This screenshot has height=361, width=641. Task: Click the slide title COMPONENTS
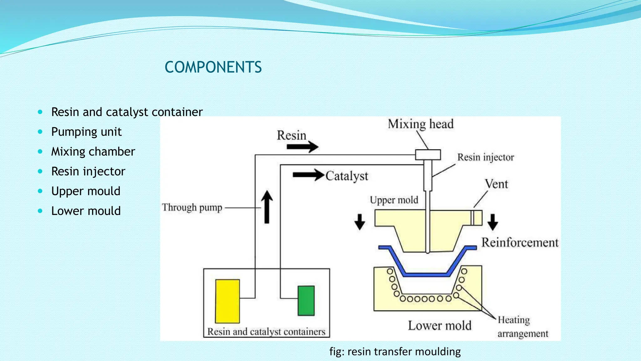[x=213, y=67]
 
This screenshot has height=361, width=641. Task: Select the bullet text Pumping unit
[x=86, y=132]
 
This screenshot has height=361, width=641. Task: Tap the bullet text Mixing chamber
[x=93, y=151]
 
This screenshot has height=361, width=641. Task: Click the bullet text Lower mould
[x=86, y=211]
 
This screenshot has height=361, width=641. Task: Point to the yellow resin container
[x=228, y=301]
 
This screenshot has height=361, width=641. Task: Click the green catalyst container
[x=306, y=301]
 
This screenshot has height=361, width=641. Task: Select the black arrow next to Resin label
[x=302, y=147]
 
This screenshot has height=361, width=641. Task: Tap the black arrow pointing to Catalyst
[x=308, y=175]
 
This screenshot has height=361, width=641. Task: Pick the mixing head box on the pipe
[x=428, y=155]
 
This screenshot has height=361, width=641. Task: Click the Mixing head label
[x=420, y=124]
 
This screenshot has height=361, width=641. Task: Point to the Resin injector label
[x=485, y=157]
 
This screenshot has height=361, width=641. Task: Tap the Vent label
[x=496, y=184]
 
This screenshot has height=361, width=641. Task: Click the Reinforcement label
[x=520, y=243]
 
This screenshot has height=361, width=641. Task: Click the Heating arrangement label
[x=523, y=327]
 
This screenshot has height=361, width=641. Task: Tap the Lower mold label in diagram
[x=439, y=326]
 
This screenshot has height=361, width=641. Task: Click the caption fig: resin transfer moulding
[x=395, y=352]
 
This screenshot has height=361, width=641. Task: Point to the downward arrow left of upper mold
[x=360, y=222]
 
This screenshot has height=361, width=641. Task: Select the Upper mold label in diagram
[x=394, y=200]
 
